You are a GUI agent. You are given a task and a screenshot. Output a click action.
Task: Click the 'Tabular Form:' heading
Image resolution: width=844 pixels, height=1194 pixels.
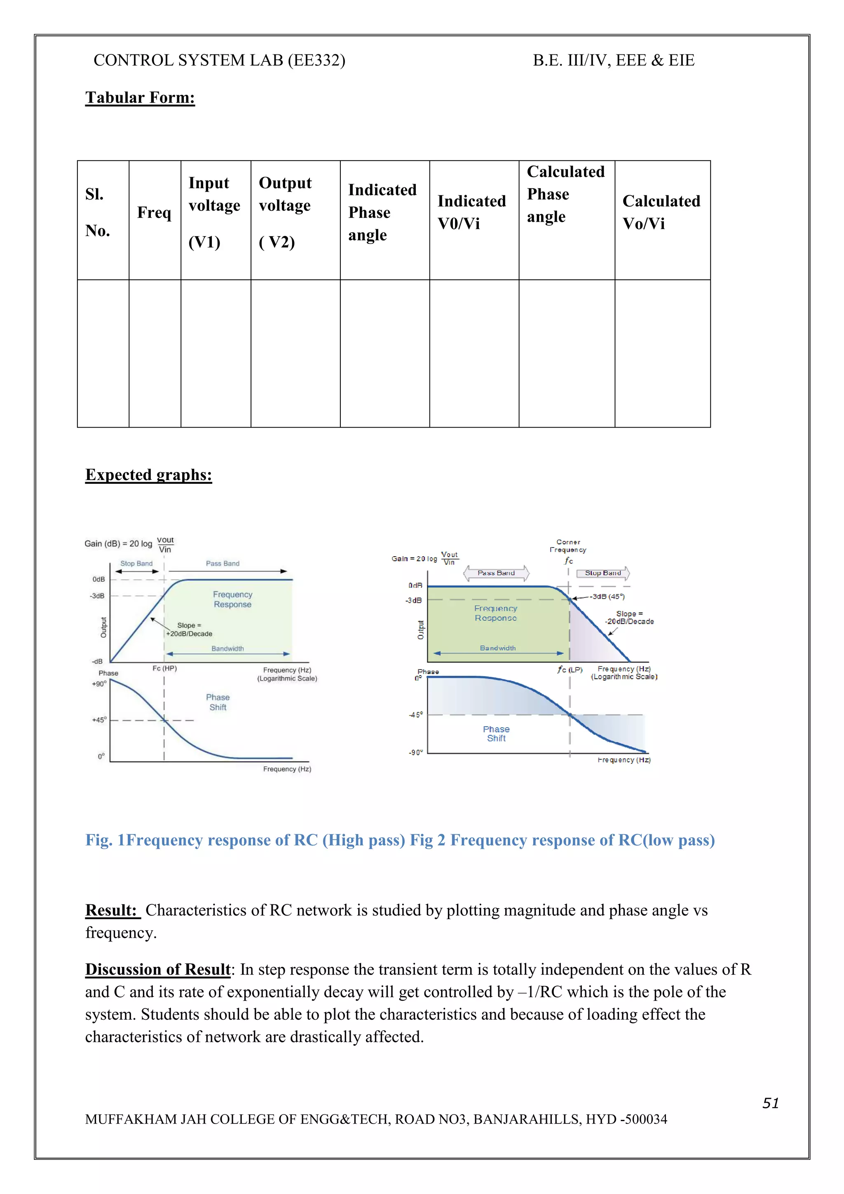[140, 98]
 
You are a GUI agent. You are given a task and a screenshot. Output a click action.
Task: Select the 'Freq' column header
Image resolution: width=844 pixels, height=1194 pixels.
[154, 212]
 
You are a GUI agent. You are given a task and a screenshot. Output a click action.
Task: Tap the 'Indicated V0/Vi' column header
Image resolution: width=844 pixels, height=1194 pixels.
[471, 212]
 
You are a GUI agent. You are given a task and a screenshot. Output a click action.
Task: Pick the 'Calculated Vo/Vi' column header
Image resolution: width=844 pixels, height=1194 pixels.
[661, 212]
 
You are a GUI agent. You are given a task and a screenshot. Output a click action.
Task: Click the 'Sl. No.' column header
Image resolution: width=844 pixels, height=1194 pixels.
[98, 212]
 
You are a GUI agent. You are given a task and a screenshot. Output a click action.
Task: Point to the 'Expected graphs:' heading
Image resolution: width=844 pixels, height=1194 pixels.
[148, 475]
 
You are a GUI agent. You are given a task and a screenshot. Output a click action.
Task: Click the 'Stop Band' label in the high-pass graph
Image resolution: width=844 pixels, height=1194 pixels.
[136, 563]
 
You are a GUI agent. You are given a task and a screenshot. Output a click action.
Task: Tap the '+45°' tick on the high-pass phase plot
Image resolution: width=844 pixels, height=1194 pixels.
[99, 720]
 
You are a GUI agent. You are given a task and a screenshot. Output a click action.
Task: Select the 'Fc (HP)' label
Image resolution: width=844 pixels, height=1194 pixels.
[164, 668]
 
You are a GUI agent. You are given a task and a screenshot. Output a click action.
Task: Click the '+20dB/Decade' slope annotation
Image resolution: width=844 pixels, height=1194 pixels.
[189, 633]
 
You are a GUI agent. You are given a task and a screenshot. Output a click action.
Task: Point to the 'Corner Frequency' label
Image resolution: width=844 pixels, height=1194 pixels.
[568, 546]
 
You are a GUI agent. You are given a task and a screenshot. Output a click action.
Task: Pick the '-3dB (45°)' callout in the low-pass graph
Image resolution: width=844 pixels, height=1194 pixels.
[607, 597]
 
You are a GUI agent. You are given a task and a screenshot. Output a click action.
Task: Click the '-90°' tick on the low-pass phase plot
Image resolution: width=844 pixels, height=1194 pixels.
[415, 752]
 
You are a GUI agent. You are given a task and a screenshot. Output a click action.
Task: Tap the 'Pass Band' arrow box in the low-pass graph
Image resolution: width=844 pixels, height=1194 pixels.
[496, 573]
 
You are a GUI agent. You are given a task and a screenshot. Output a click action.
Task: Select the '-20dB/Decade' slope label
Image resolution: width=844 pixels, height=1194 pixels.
[629, 621]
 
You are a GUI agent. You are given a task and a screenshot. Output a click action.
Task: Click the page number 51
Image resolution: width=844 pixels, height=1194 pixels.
[770, 1103]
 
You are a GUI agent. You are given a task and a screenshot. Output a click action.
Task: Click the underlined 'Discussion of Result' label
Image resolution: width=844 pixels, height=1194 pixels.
[157, 969]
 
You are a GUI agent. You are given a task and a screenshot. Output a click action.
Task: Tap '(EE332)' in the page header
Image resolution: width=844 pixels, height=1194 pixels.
[316, 60]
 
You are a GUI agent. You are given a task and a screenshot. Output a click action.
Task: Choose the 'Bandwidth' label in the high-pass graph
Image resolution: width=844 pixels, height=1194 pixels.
[227, 649]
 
